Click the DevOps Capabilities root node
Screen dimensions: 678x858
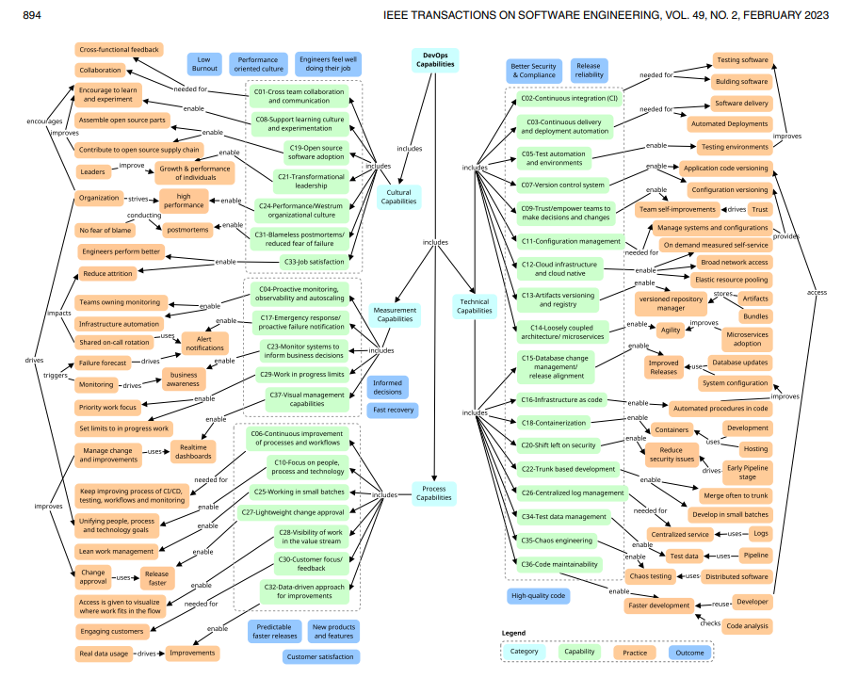pyautogui.click(x=436, y=60)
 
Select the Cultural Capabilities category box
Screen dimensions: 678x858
pyautogui.click(x=399, y=195)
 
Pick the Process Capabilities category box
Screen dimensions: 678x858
pyautogui.click(x=433, y=493)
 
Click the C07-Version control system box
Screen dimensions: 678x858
pyautogui.click(x=563, y=185)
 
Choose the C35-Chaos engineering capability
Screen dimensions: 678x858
pyautogui.click(x=559, y=541)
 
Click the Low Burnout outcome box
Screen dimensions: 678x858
pyautogui.click(x=203, y=64)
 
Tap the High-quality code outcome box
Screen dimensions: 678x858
pyautogui.click(x=538, y=595)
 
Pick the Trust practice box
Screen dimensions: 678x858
pyautogui.click(x=759, y=209)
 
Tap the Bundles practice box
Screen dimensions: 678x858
pyautogui.click(x=755, y=316)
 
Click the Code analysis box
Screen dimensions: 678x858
pyautogui.click(x=748, y=625)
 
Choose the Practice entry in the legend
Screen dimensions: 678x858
pyautogui.click(x=635, y=651)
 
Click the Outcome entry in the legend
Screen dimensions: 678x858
pyautogui.click(x=691, y=651)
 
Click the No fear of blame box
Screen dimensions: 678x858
pyautogui.click(x=104, y=229)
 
